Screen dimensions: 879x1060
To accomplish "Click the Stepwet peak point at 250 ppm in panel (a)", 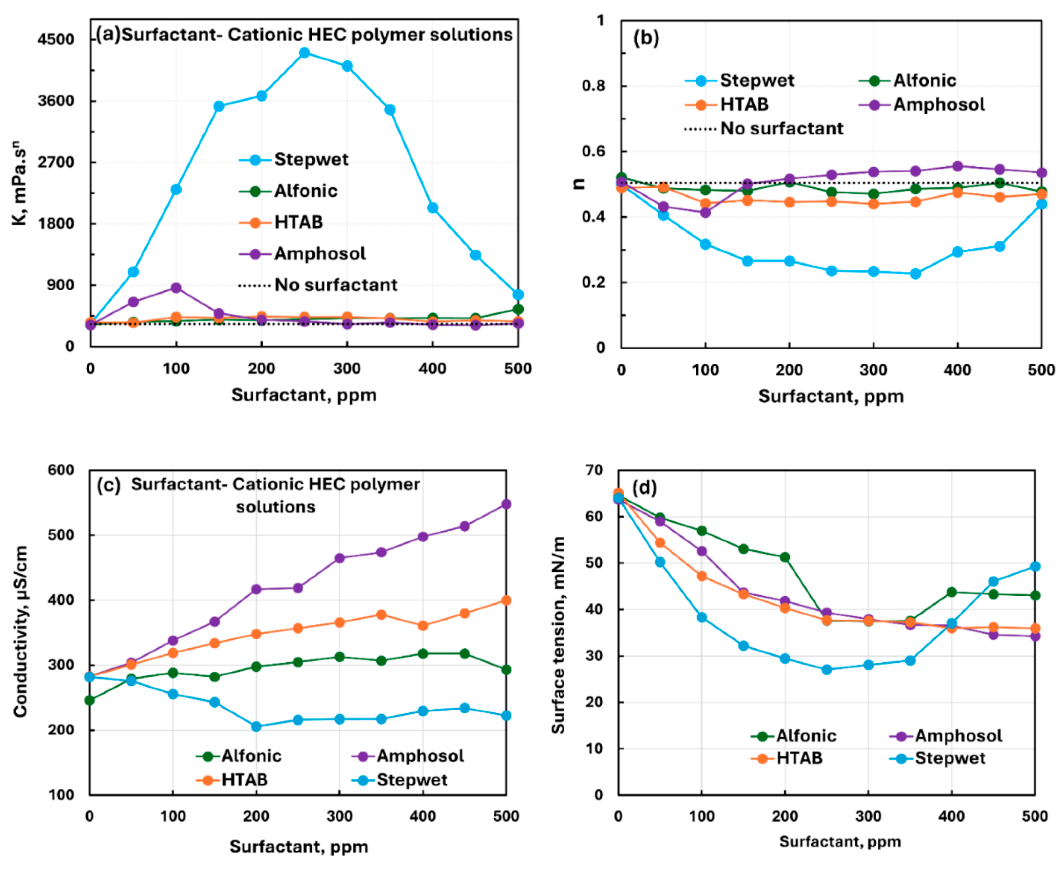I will tap(304, 53).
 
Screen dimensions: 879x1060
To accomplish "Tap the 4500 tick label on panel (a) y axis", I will tap(55, 39).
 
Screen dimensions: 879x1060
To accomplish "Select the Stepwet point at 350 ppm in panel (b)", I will tap(915, 274).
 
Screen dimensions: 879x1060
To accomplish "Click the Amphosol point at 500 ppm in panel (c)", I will tap(506, 504).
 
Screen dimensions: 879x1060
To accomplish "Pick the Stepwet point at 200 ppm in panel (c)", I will tap(256, 727).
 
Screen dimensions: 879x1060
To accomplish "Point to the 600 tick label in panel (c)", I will tap(61, 470).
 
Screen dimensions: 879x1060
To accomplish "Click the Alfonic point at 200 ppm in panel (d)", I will tap(785, 557).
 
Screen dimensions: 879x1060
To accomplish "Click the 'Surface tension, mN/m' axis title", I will tap(558, 635).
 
